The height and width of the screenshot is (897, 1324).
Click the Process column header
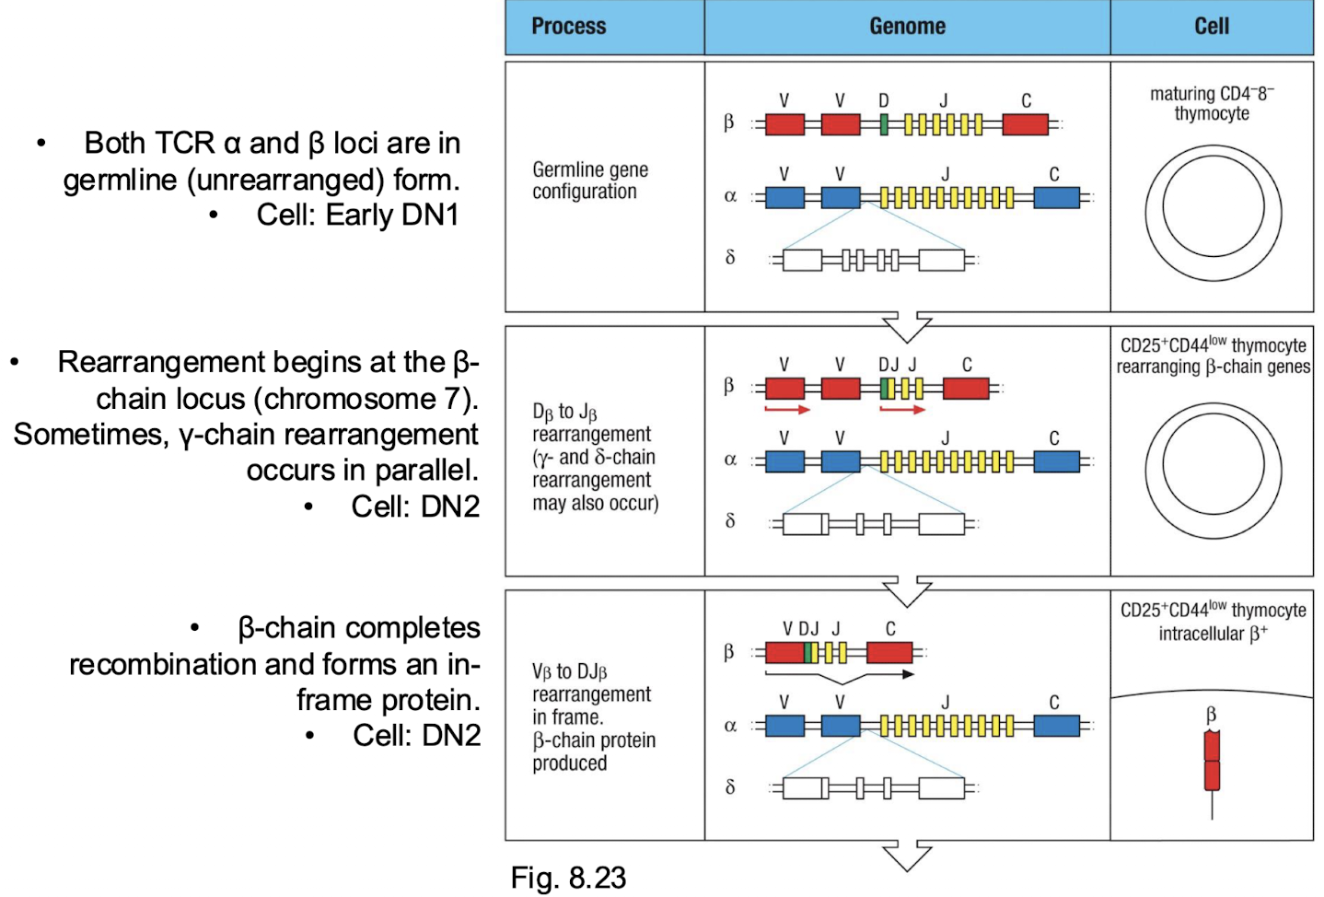click(569, 27)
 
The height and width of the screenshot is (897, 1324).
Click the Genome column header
click(907, 27)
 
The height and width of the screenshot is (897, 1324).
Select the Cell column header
click(1211, 27)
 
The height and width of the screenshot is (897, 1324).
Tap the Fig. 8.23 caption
click(568, 878)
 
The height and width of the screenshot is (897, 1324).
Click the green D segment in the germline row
click(884, 124)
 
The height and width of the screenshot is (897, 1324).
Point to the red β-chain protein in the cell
click(1212, 762)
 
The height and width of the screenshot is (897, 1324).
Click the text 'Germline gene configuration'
click(590, 181)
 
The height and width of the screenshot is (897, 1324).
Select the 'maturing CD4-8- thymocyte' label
click(1212, 103)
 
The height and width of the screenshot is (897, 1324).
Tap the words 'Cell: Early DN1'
click(357, 215)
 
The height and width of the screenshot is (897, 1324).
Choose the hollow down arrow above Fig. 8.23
click(907, 856)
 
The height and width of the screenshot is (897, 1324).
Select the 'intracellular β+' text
click(1213, 634)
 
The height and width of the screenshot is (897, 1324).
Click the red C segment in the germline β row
click(1025, 124)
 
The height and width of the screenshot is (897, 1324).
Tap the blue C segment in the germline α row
click(1056, 197)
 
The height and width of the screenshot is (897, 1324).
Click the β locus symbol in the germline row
click(729, 122)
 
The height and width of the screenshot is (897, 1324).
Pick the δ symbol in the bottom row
click(730, 787)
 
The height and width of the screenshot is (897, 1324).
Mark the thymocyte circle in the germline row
click(1213, 213)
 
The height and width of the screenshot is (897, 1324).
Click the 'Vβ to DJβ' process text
click(569, 671)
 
